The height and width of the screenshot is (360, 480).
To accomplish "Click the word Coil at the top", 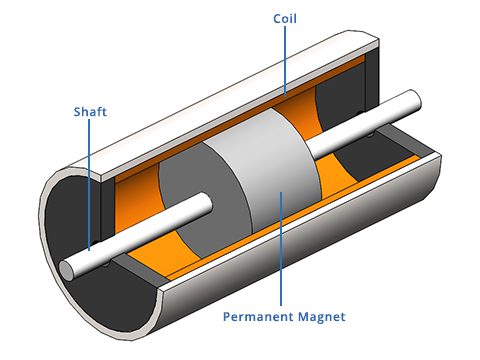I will (x=285, y=18).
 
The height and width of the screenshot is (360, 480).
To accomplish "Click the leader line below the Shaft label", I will (x=89, y=180).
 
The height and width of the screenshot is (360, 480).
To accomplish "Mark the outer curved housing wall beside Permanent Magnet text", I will (x=400, y=230).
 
